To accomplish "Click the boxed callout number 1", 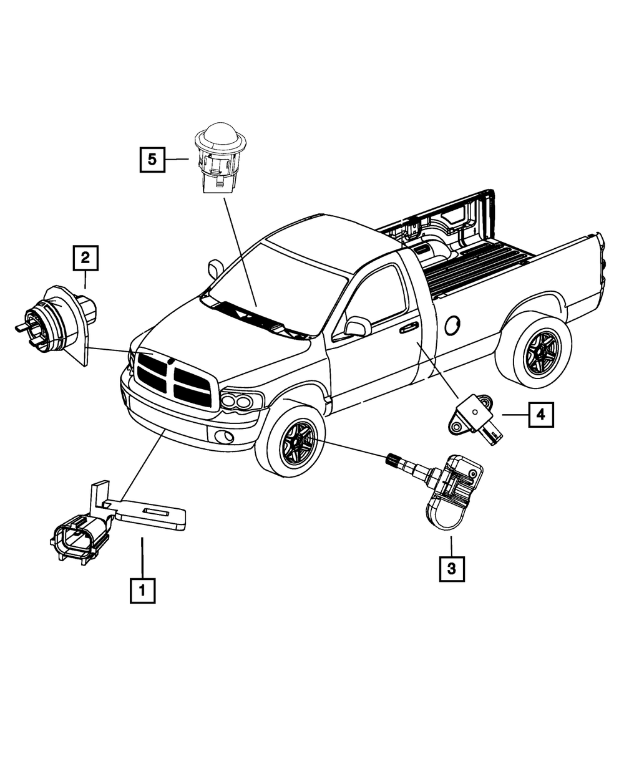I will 142,590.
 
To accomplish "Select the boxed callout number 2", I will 85,258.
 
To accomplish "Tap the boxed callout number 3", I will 452,568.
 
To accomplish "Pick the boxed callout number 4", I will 541,414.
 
